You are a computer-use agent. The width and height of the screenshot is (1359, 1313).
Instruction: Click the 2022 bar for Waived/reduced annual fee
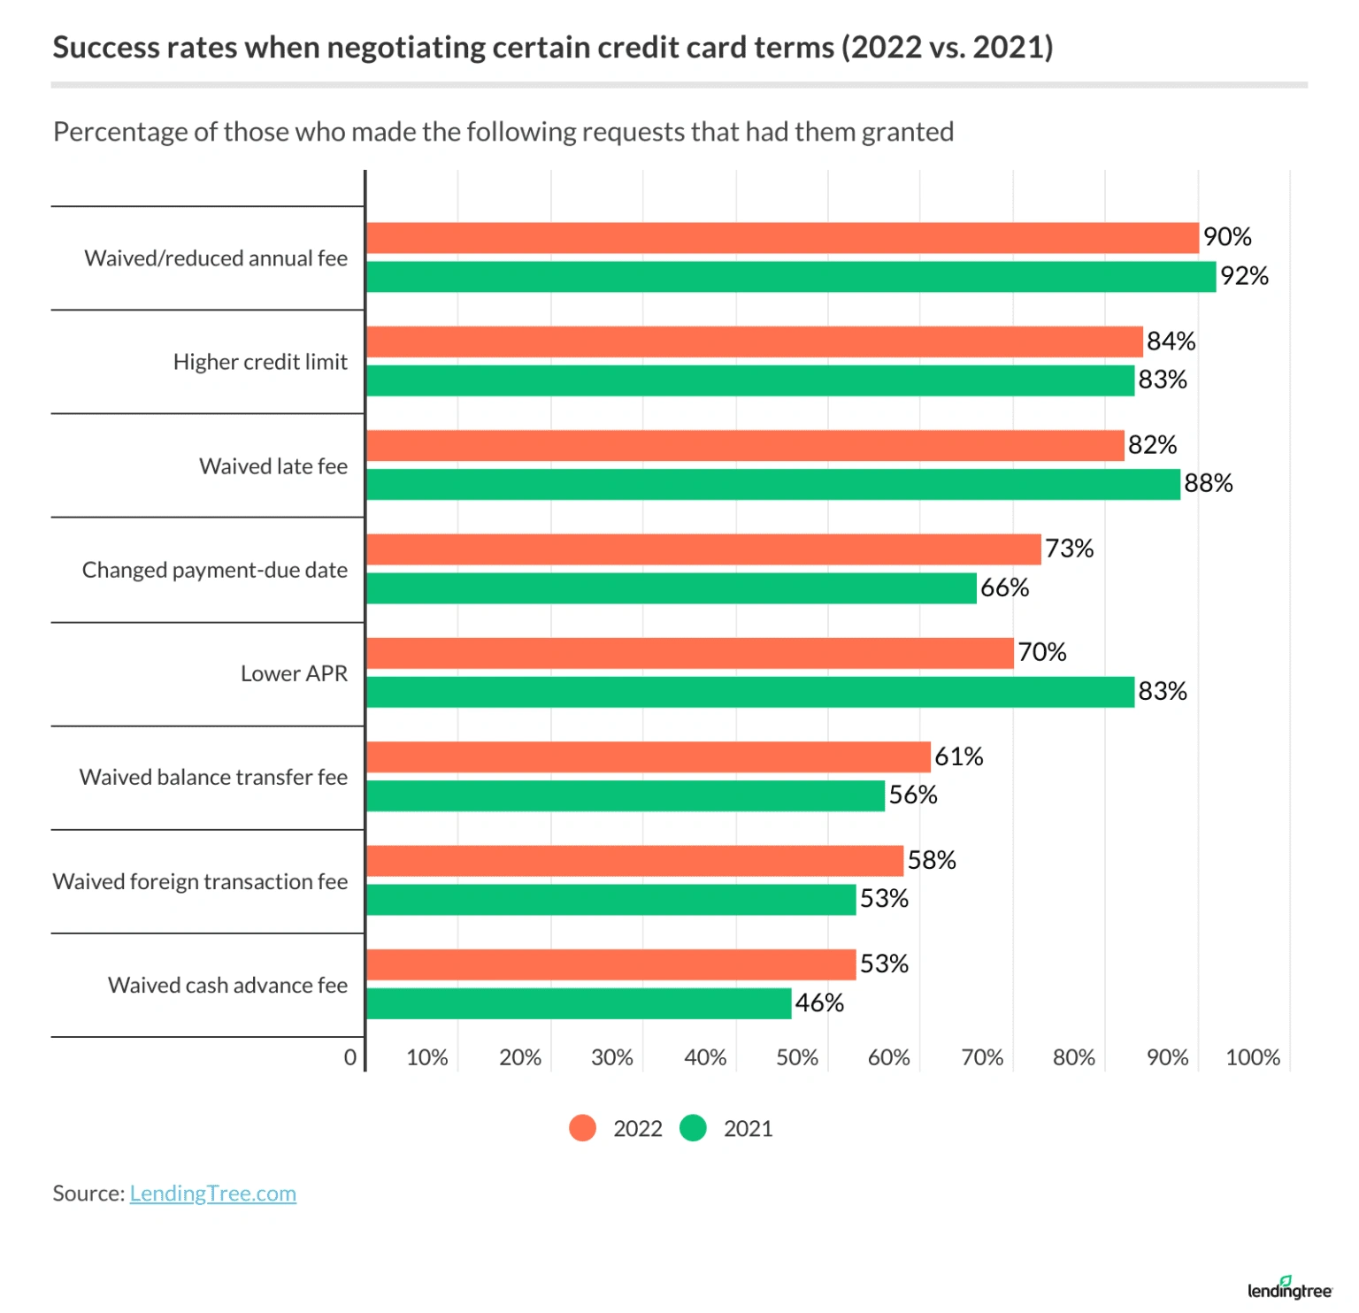(x=782, y=238)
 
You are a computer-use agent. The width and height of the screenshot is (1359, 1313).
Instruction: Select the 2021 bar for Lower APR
(x=750, y=692)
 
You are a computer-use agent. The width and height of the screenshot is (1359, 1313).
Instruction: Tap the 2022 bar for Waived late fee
(x=745, y=445)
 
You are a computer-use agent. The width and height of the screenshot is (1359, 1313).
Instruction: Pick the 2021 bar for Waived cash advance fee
(x=579, y=1003)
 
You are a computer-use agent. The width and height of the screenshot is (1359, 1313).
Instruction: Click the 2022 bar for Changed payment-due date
(x=703, y=549)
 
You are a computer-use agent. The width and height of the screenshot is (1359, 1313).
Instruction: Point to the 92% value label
(x=1244, y=276)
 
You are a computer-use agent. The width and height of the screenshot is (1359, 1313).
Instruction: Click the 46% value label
(x=819, y=1002)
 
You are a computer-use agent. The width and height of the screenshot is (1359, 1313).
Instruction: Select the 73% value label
(x=1069, y=549)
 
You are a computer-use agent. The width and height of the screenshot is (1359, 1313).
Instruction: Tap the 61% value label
(x=959, y=756)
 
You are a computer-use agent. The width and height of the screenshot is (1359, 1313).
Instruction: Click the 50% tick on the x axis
(x=796, y=1057)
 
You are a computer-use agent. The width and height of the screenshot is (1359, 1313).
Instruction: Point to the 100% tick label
(x=1252, y=1057)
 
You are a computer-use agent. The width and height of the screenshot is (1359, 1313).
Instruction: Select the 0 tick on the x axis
(x=350, y=1057)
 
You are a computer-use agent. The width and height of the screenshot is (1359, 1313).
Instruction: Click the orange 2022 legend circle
(x=582, y=1128)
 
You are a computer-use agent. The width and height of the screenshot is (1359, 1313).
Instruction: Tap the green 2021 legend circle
(x=693, y=1128)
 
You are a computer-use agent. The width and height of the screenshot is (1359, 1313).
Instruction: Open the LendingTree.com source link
(x=212, y=1194)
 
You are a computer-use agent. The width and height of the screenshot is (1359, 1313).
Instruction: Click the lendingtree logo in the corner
(x=1289, y=1289)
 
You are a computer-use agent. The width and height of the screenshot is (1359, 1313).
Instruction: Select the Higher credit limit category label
(x=260, y=362)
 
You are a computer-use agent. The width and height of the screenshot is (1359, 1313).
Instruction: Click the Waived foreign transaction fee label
(x=200, y=881)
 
